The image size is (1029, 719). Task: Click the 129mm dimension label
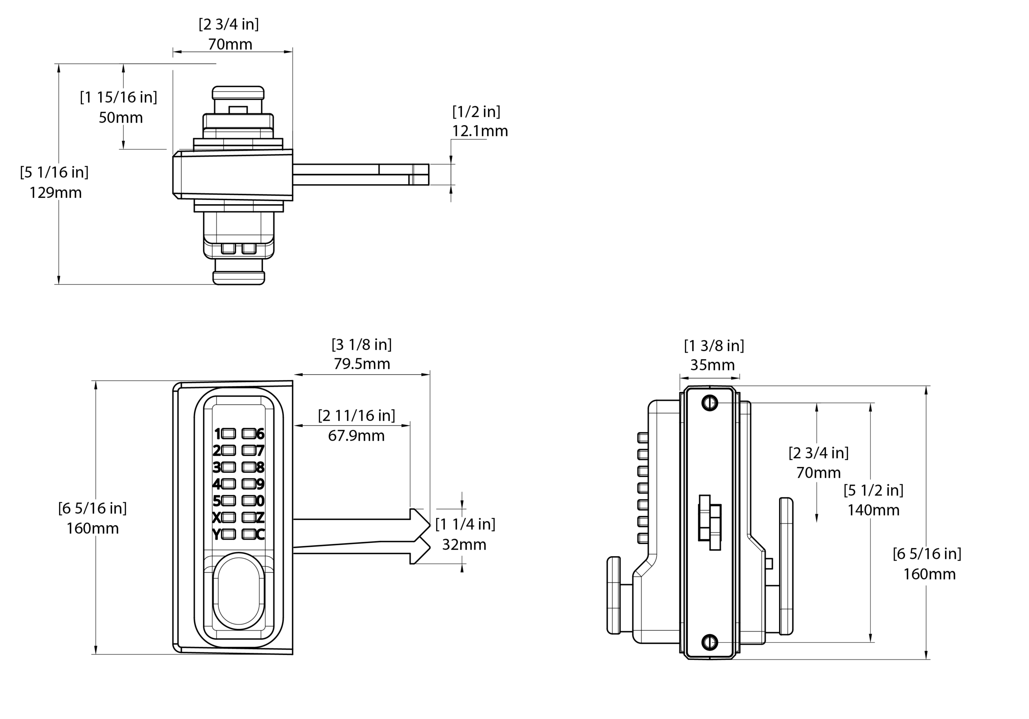pyautogui.click(x=55, y=193)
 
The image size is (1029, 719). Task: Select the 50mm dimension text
pyautogui.click(x=121, y=117)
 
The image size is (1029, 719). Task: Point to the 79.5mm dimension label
pyautogui.click(x=362, y=364)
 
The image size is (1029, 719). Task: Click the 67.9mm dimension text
pyautogui.click(x=356, y=436)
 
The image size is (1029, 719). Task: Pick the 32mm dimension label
pyautogui.click(x=464, y=544)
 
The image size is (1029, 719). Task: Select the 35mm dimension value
pyautogui.click(x=712, y=365)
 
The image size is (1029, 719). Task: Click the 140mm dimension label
pyautogui.click(x=873, y=510)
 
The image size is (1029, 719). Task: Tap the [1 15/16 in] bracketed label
pyautogui.click(x=118, y=97)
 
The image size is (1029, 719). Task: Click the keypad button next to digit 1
pyautogui.click(x=228, y=433)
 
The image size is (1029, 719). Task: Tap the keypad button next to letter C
pyautogui.click(x=248, y=534)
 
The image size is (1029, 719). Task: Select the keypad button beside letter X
pyautogui.click(x=228, y=517)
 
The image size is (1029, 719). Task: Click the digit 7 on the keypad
pyautogui.click(x=260, y=450)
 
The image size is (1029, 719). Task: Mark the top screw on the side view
pyautogui.click(x=709, y=403)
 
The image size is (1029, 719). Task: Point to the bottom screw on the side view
pyautogui.click(x=709, y=642)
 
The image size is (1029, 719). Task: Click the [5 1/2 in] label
pyautogui.click(x=873, y=490)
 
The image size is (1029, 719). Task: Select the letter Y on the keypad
pyautogui.click(x=217, y=534)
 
